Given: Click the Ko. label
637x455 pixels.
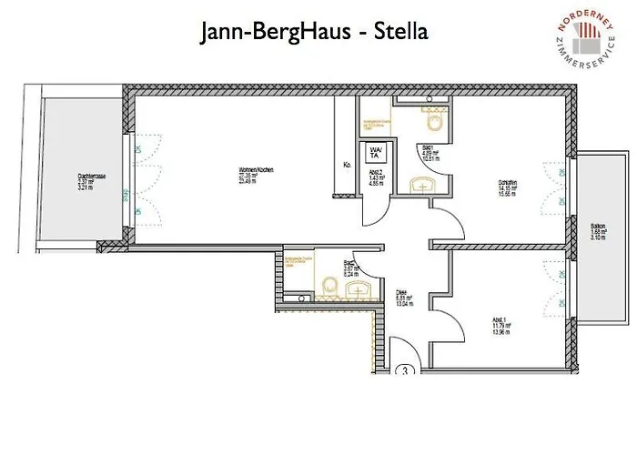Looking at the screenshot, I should (347, 165).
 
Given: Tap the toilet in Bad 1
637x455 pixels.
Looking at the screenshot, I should (432, 119).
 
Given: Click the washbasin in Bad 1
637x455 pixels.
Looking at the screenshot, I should (424, 185).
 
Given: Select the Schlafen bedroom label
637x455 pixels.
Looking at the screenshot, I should (508, 187).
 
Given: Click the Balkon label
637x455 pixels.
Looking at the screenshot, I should (598, 230).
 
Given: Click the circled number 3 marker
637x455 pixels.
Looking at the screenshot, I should (406, 371).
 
